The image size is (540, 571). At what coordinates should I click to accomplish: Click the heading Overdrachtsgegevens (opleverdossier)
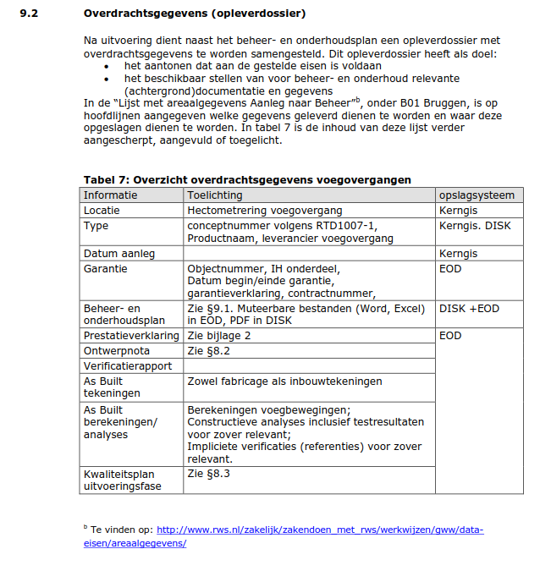195,14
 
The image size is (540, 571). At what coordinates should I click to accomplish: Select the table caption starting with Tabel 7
247,179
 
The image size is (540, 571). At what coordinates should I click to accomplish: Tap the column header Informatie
110,195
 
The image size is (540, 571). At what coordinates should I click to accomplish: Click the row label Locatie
102,210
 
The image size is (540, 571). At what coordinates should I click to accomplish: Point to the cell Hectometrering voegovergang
265,210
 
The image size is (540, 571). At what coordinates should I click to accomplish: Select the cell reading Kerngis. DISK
475,226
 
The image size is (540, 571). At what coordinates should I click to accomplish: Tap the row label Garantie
105,268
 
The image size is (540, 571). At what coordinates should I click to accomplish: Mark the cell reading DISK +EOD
469,309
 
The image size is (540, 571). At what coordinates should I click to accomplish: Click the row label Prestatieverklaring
130,335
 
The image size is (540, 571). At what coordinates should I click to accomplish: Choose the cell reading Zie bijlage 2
219,335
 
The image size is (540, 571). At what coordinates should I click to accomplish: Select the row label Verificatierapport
127,365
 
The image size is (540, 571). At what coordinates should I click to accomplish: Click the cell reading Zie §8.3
207,474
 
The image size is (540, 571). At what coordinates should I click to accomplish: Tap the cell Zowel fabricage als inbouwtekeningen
284,382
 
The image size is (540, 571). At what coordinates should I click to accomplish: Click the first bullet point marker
106,65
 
